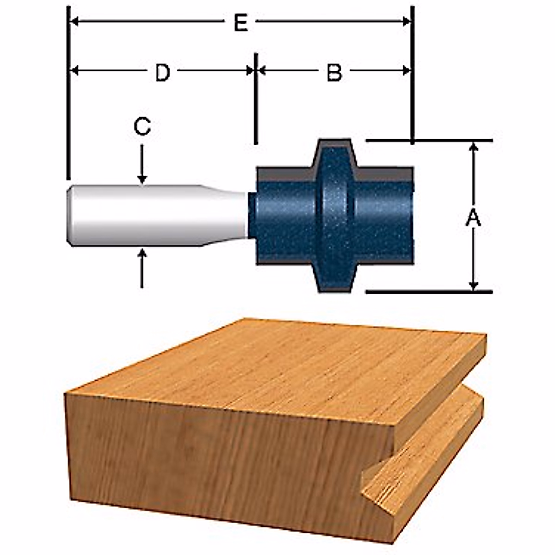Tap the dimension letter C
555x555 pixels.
click(x=142, y=127)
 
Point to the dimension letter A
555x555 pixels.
click(x=473, y=218)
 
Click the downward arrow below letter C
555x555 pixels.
click(x=142, y=164)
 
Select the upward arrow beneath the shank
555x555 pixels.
click(x=142, y=268)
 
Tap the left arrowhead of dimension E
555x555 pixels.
click(x=74, y=21)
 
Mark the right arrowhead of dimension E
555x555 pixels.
click(x=407, y=21)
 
